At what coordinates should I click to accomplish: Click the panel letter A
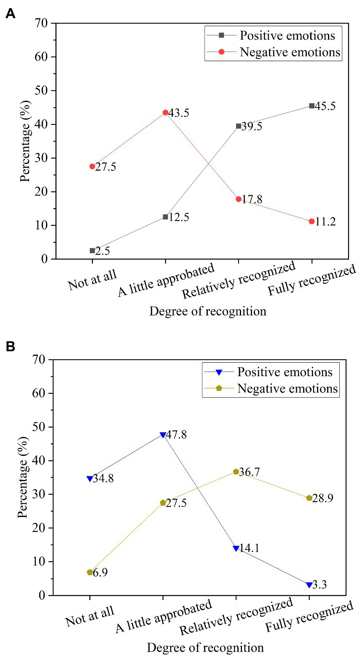tap(10, 13)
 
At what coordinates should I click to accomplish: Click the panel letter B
tap(10, 346)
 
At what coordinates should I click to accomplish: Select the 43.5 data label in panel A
tap(178, 113)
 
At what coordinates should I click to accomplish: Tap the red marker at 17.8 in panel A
tap(239, 199)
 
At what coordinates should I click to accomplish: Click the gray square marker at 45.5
tap(312, 106)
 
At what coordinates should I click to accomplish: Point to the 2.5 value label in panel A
tap(102, 251)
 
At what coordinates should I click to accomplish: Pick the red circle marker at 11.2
tap(312, 221)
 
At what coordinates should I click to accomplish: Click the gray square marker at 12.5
tap(165, 217)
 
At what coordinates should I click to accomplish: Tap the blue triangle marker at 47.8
tap(163, 435)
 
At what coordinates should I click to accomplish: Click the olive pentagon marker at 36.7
tap(236, 471)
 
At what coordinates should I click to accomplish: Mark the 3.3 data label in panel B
tap(320, 585)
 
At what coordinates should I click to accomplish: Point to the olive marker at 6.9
tap(90, 572)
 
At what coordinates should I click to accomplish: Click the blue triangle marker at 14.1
tap(236, 548)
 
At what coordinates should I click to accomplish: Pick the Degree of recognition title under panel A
tap(208, 312)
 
